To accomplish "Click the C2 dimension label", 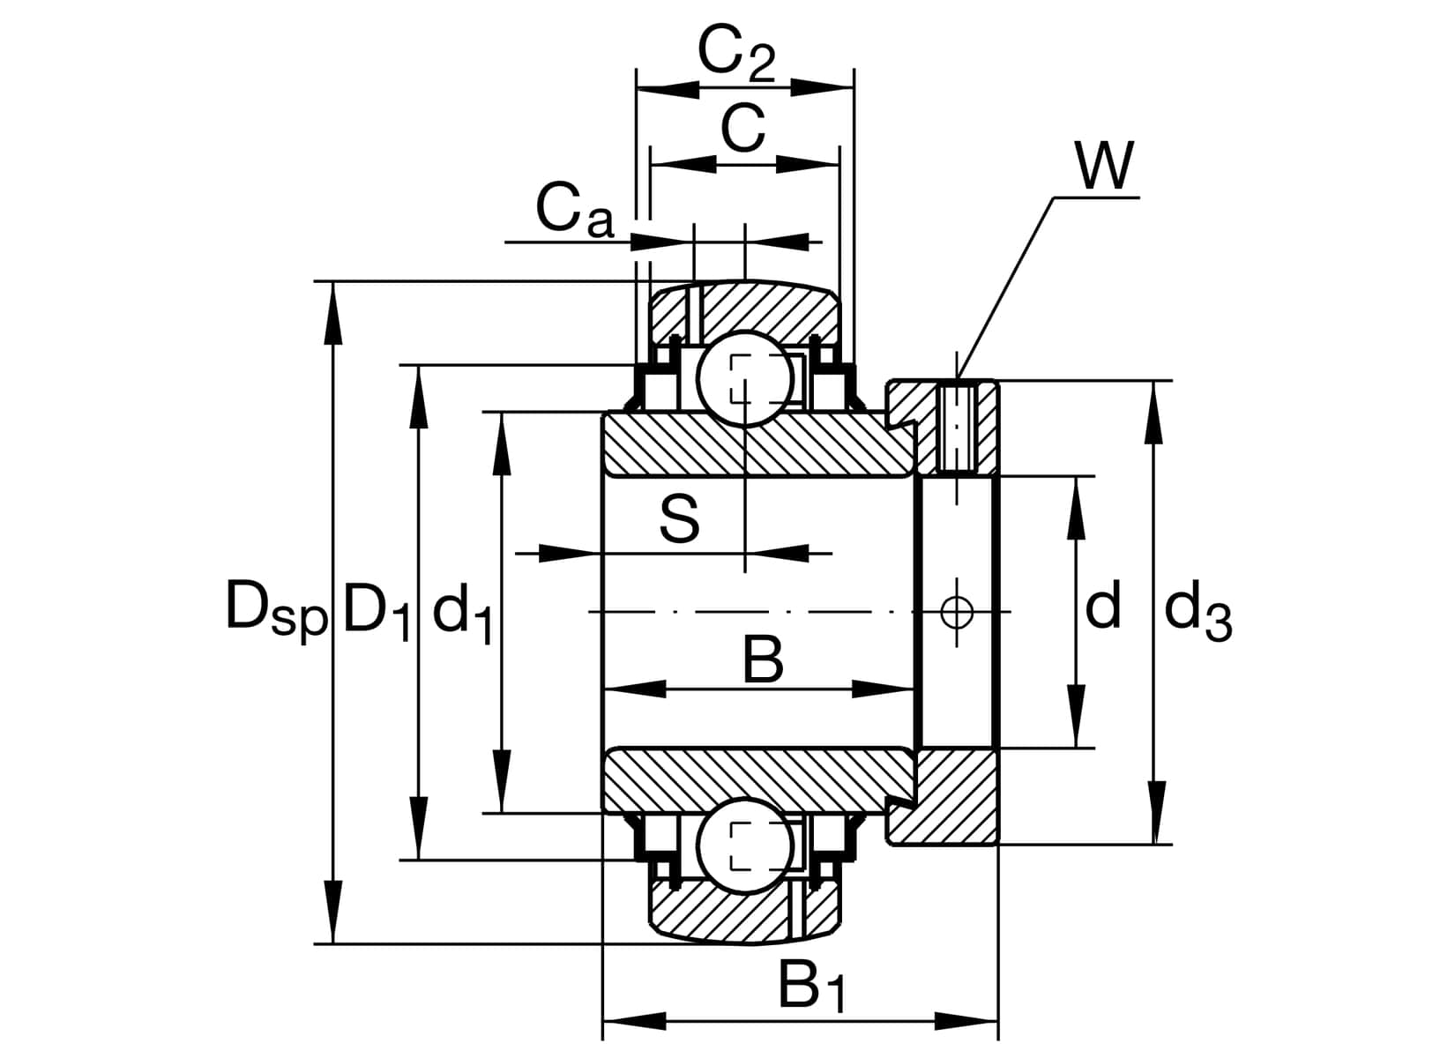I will coord(735,55).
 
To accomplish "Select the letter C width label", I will coord(743,129).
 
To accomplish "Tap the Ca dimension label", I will coord(573,212).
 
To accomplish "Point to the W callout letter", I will coord(1103,165).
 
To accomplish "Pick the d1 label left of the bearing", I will coord(461,613).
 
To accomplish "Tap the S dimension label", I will coord(679,519).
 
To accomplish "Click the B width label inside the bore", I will coord(762,660).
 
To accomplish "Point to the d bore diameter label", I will coord(1102,607).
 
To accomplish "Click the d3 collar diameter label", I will coord(1197,611).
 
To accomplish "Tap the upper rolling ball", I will coord(745,378).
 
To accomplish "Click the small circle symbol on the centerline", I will coord(956,611).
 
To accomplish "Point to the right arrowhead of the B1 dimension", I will coord(970,1021).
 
